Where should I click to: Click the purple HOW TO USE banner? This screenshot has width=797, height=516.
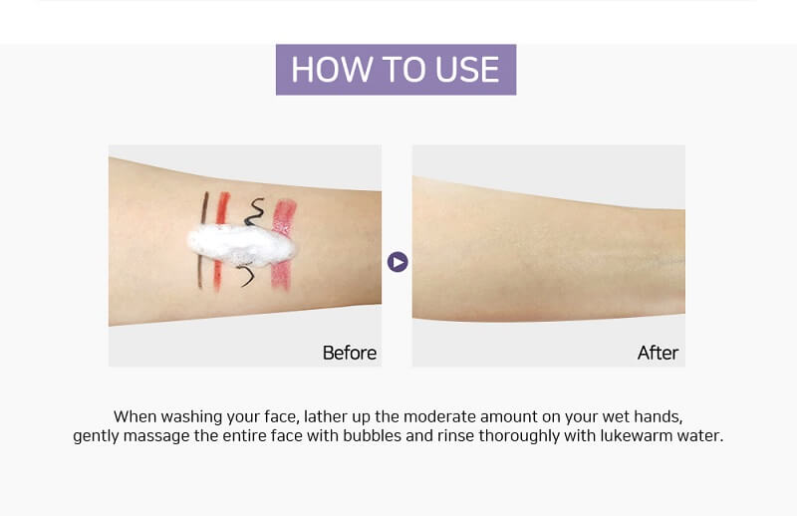(396, 70)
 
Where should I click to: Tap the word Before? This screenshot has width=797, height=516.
(350, 353)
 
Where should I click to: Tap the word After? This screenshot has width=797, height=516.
(658, 353)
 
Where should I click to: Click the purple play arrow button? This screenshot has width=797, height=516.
(398, 262)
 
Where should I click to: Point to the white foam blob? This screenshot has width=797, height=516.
(241, 245)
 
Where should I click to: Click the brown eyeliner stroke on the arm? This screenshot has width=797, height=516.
(202, 239)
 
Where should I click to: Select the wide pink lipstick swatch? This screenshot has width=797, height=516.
(283, 245)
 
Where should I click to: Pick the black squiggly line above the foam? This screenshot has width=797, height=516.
(254, 212)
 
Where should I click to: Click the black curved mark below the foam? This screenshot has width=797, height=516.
(246, 275)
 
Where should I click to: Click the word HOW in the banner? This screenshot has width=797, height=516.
(332, 70)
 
